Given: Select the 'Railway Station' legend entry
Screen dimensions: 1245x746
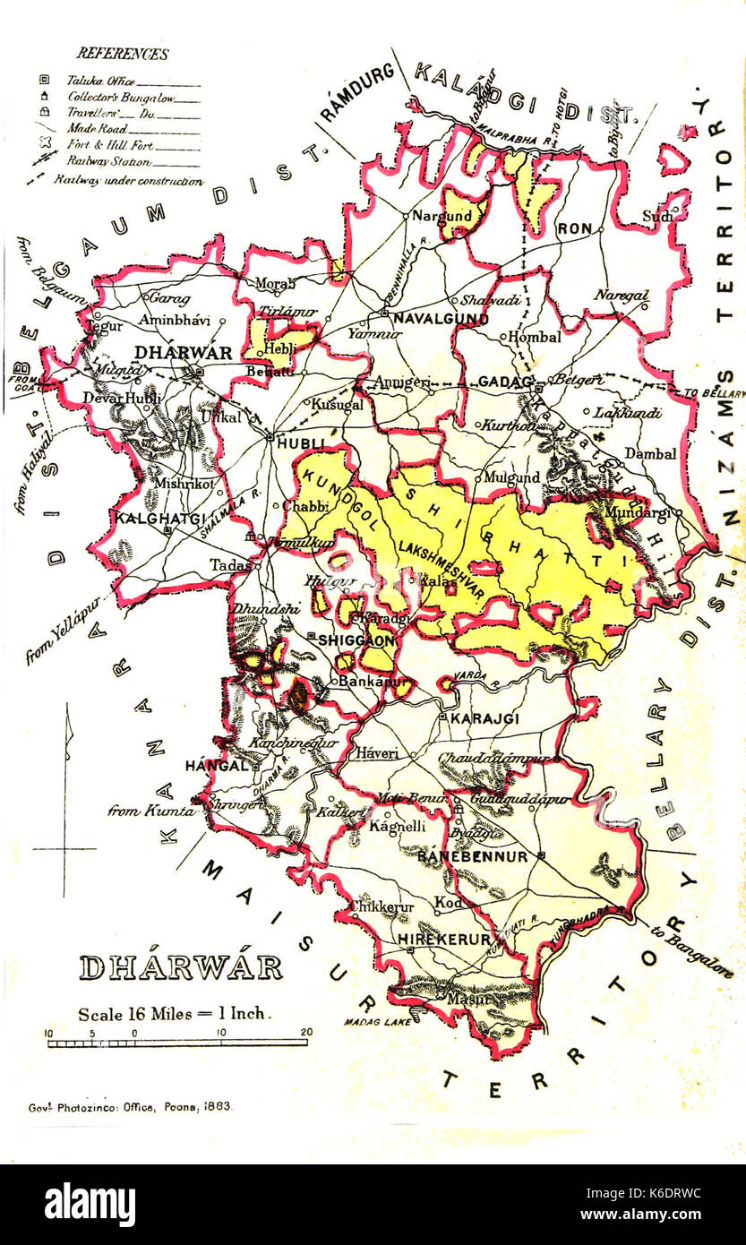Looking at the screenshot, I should tap(108, 162).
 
